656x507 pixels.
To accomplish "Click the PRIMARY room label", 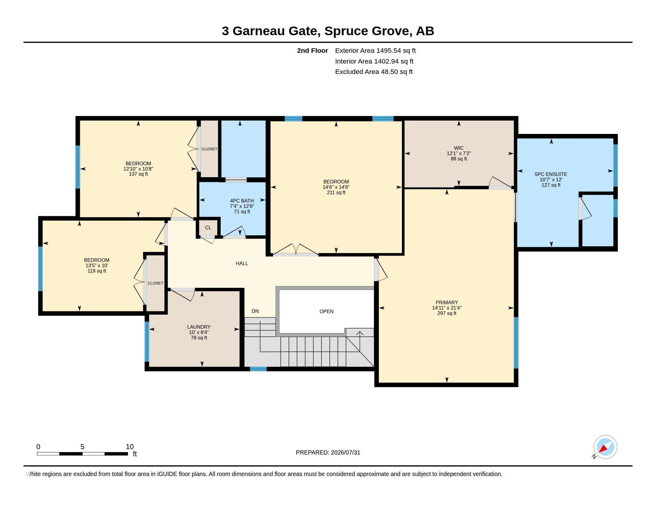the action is click(447, 302).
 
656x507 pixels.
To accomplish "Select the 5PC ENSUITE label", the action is click(551, 174).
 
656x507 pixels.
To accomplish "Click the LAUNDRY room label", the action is click(199, 327).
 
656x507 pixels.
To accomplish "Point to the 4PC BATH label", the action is click(242, 201).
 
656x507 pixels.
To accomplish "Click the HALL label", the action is click(242, 263).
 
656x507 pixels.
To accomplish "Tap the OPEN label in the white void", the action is click(327, 311).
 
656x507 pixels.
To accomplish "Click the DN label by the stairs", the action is click(255, 311).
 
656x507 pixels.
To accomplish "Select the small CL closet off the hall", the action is click(208, 228).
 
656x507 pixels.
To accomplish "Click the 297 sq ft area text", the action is click(447, 313).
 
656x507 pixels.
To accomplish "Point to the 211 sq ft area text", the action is click(336, 193).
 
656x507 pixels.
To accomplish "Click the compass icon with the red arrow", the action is click(605, 447).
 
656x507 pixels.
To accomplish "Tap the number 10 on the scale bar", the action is click(129, 447).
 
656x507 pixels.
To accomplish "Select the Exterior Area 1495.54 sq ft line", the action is click(375, 51).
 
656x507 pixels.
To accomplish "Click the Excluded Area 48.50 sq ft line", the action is click(374, 72).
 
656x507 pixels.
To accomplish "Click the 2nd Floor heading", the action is click(312, 51).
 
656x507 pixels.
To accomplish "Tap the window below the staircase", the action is click(258, 369).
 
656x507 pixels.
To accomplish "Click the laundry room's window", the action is click(147, 342).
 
